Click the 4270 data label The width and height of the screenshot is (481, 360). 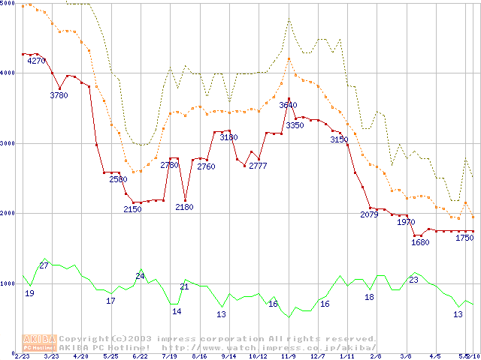coord(37,61)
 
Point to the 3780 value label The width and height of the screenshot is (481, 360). coord(59,95)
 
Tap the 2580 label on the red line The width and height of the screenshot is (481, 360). coord(118,179)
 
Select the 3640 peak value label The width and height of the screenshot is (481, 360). coord(289,105)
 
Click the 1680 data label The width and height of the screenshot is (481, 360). coord(420,242)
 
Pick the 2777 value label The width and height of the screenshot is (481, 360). coord(259,165)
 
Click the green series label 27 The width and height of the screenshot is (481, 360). coord(44,266)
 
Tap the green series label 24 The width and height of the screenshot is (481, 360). coord(140,276)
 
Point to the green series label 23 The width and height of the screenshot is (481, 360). coord(413,280)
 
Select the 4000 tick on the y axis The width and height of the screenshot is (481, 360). coord(8,73)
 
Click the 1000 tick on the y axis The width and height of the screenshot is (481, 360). coord(8,283)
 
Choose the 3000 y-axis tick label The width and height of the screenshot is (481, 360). coord(8,143)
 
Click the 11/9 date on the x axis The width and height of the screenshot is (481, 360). coord(288,356)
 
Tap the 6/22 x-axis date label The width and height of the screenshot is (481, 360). coord(140,356)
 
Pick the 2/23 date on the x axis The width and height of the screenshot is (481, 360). coord(22,356)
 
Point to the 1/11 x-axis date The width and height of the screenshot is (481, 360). coord(346,356)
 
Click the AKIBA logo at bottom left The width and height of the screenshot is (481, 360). coord(40,342)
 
